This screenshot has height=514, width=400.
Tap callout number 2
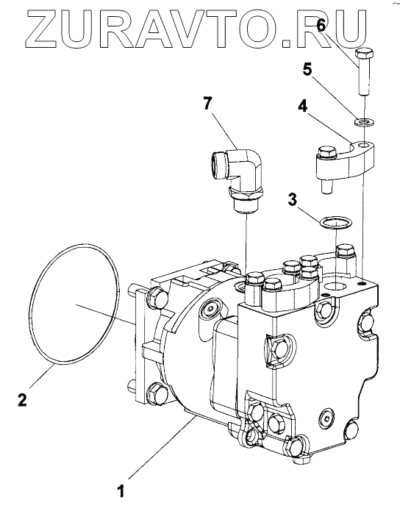(22, 399)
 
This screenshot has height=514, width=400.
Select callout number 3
(293, 199)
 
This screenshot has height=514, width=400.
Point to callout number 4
(303, 106)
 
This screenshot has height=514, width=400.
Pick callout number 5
(307, 70)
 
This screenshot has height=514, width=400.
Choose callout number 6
(321, 25)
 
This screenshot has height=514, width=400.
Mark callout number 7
(207, 104)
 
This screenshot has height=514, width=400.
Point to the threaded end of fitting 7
(246, 206)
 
